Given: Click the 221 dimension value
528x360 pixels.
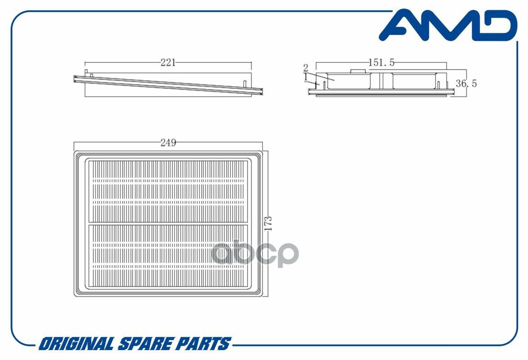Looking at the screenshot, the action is [168, 63].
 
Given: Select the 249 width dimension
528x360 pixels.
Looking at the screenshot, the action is [168, 143].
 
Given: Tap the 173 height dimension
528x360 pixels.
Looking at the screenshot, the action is [269, 223].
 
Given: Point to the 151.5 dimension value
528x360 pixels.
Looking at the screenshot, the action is [381, 63].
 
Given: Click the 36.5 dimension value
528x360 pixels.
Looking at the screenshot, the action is [466, 84].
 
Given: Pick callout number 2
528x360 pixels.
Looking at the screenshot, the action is [306, 68].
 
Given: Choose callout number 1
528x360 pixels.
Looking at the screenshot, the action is [306, 77].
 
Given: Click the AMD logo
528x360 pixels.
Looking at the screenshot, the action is [447, 26].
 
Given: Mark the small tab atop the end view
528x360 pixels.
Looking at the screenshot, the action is [357, 71].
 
